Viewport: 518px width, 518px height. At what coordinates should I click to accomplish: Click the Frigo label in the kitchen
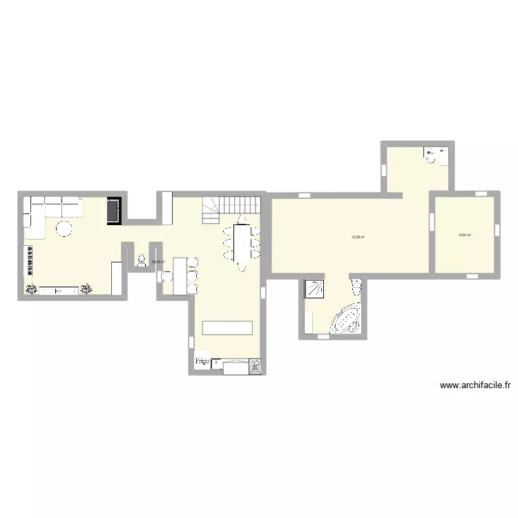pyautogui.click(x=202, y=361)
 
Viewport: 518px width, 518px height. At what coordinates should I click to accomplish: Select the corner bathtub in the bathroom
pyautogui.click(x=347, y=319)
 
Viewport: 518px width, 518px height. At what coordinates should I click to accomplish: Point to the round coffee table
pyautogui.click(x=64, y=228)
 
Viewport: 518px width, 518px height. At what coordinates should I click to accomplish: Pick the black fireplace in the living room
pyautogui.click(x=113, y=210)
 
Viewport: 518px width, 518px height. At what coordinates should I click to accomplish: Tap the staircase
pyautogui.click(x=231, y=207)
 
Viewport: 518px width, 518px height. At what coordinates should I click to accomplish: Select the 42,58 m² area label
pyautogui.click(x=358, y=237)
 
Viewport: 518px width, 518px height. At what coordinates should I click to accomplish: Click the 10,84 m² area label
pyautogui.click(x=464, y=235)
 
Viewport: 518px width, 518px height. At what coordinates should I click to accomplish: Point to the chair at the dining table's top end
pyautogui.click(x=241, y=220)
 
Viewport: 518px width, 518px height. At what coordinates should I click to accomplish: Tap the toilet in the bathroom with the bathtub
pyautogui.click(x=356, y=287)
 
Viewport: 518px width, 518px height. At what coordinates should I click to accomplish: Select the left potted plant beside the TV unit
pyautogui.click(x=31, y=290)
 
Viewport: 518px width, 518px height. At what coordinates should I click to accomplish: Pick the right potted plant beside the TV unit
pyautogui.click(x=86, y=290)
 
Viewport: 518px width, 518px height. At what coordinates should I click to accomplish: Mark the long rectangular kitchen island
pyautogui.click(x=227, y=328)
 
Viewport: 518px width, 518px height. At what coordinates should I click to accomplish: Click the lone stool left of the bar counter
pyautogui.click(x=166, y=277)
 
